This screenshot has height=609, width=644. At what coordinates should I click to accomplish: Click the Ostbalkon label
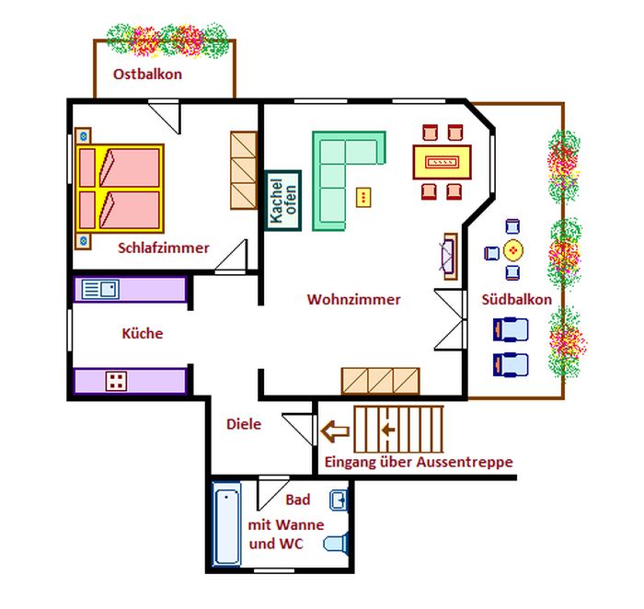click(x=147, y=75)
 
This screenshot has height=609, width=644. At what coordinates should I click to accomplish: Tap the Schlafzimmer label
click(x=164, y=247)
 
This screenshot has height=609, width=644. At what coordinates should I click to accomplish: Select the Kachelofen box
click(x=283, y=199)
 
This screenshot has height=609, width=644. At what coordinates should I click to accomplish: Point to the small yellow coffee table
click(x=364, y=196)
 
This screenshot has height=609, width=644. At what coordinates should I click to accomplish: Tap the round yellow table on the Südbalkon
click(x=512, y=249)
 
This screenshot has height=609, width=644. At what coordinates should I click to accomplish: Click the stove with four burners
click(x=116, y=381)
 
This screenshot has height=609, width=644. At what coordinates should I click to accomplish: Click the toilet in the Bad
click(x=337, y=543)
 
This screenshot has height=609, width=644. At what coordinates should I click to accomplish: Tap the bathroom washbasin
click(x=339, y=501)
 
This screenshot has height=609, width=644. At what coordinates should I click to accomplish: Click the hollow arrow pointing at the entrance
click(x=336, y=430)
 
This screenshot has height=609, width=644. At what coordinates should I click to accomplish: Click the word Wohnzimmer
click(x=354, y=300)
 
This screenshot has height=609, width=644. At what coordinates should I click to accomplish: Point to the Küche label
click(x=143, y=334)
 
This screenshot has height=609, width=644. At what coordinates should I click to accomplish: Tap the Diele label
click(x=244, y=424)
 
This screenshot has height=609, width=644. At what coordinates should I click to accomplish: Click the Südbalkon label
click(x=517, y=300)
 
